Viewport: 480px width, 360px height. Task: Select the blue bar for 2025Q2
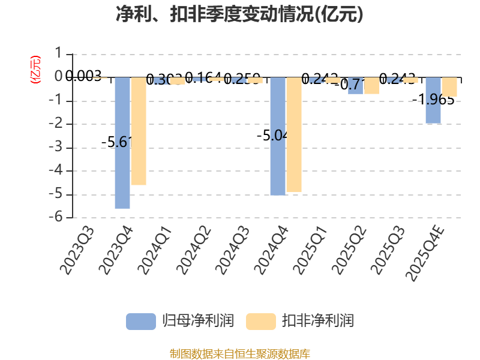click(x=355, y=86)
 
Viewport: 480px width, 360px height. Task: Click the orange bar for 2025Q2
click(x=372, y=86)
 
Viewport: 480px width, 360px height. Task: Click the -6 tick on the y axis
click(x=58, y=218)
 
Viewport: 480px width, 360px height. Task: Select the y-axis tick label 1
click(x=58, y=54)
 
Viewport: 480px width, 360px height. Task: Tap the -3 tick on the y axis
click(x=58, y=148)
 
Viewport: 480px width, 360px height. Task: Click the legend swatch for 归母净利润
click(x=141, y=321)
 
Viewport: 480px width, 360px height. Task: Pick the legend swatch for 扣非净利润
click(x=261, y=321)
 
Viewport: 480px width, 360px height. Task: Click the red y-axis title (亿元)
click(x=35, y=69)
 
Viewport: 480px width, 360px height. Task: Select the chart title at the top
click(x=240, y=14)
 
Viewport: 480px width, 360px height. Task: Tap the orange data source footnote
click(x=240, y=353)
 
